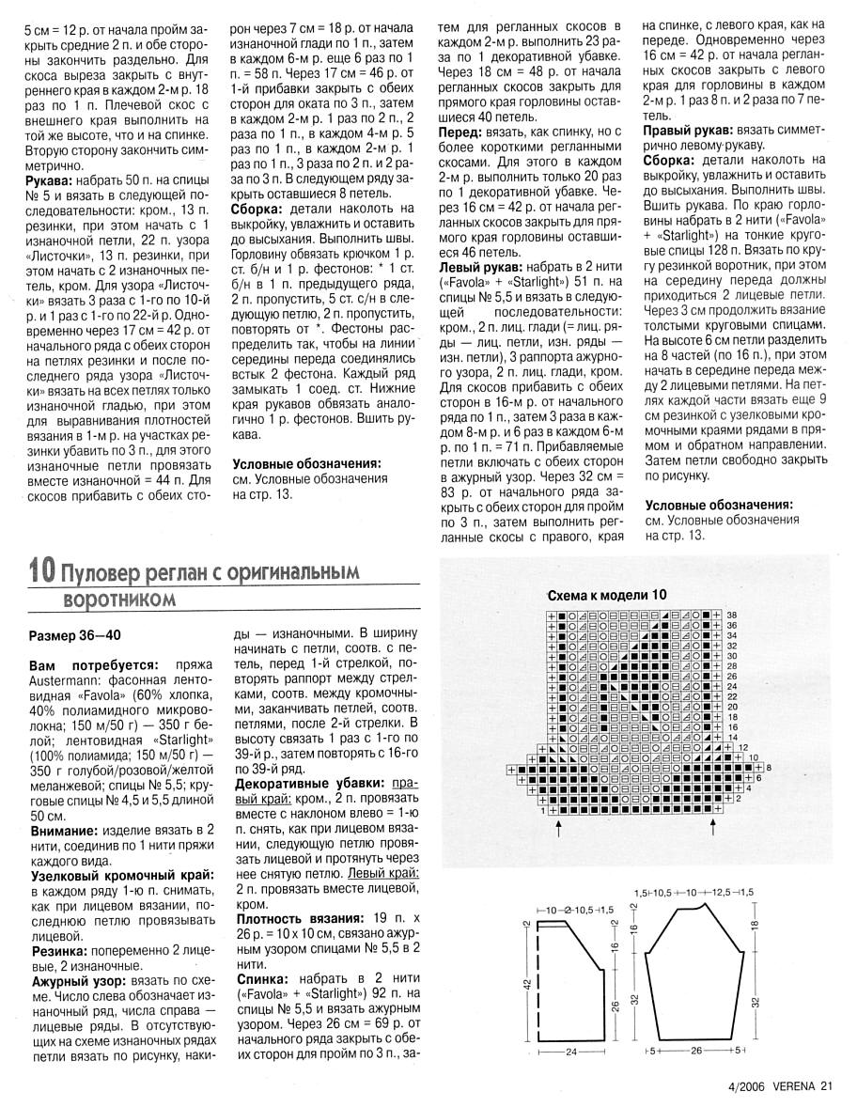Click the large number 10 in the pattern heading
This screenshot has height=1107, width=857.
click(41, 570)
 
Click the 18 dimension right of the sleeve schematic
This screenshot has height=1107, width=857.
click(755, 925)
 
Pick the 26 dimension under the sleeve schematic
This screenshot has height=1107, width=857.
click(696, 1050)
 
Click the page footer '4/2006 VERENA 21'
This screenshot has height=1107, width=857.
click(780, 1087)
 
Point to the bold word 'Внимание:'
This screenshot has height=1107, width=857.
click(64, 832)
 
